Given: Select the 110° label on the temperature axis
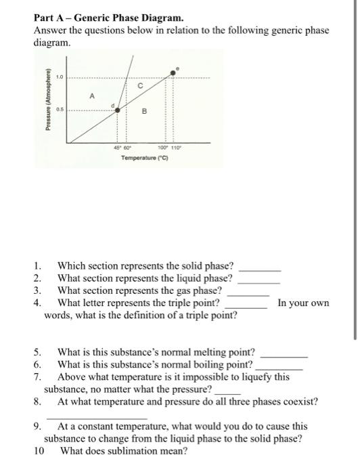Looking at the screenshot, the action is click(175, 148).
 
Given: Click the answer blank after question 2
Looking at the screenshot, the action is click(260, 278).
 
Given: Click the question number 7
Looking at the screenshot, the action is click(37, 376).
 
